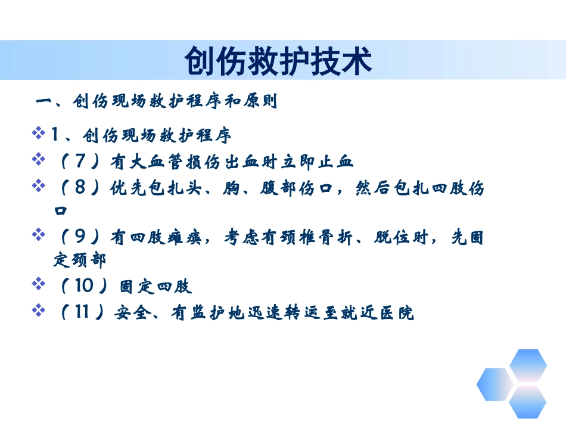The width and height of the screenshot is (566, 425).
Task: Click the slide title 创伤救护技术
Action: point(278,61)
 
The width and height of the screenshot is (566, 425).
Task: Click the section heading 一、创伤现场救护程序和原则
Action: point(157,101)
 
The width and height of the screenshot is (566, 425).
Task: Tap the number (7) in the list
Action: point(82,162)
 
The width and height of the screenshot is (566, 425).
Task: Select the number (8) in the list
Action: point(82,189)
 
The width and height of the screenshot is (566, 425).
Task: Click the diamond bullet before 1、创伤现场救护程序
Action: point(39,134)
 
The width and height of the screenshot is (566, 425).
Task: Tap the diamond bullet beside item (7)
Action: point(39,160)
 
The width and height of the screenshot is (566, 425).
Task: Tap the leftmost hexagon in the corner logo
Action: point(495,384)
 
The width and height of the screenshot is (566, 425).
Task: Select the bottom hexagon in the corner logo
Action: point(527,403)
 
